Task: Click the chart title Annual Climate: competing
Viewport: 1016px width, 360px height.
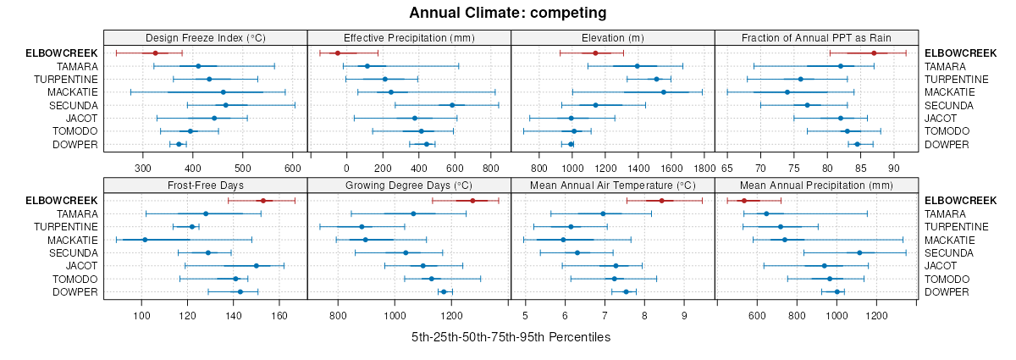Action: pos(507,13)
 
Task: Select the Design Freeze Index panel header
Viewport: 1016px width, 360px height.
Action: pos(205,37)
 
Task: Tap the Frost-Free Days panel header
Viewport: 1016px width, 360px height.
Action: pos(205,185)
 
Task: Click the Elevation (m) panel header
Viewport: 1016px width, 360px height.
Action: pos(613,37)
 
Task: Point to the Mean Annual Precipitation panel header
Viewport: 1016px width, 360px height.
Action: pos(816,185)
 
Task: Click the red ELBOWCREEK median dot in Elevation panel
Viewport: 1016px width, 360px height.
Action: pos(595,53)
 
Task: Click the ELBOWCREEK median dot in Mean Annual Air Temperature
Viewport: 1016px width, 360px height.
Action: pos(661,201)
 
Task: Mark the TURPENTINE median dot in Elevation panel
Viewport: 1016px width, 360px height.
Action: pos(656,80)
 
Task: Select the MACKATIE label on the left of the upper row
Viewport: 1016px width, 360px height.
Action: pos(73,92)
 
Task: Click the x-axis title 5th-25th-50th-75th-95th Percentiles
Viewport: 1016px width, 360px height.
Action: pos(511,337)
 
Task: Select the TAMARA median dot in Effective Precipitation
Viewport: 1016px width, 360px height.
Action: pos(367,66)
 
